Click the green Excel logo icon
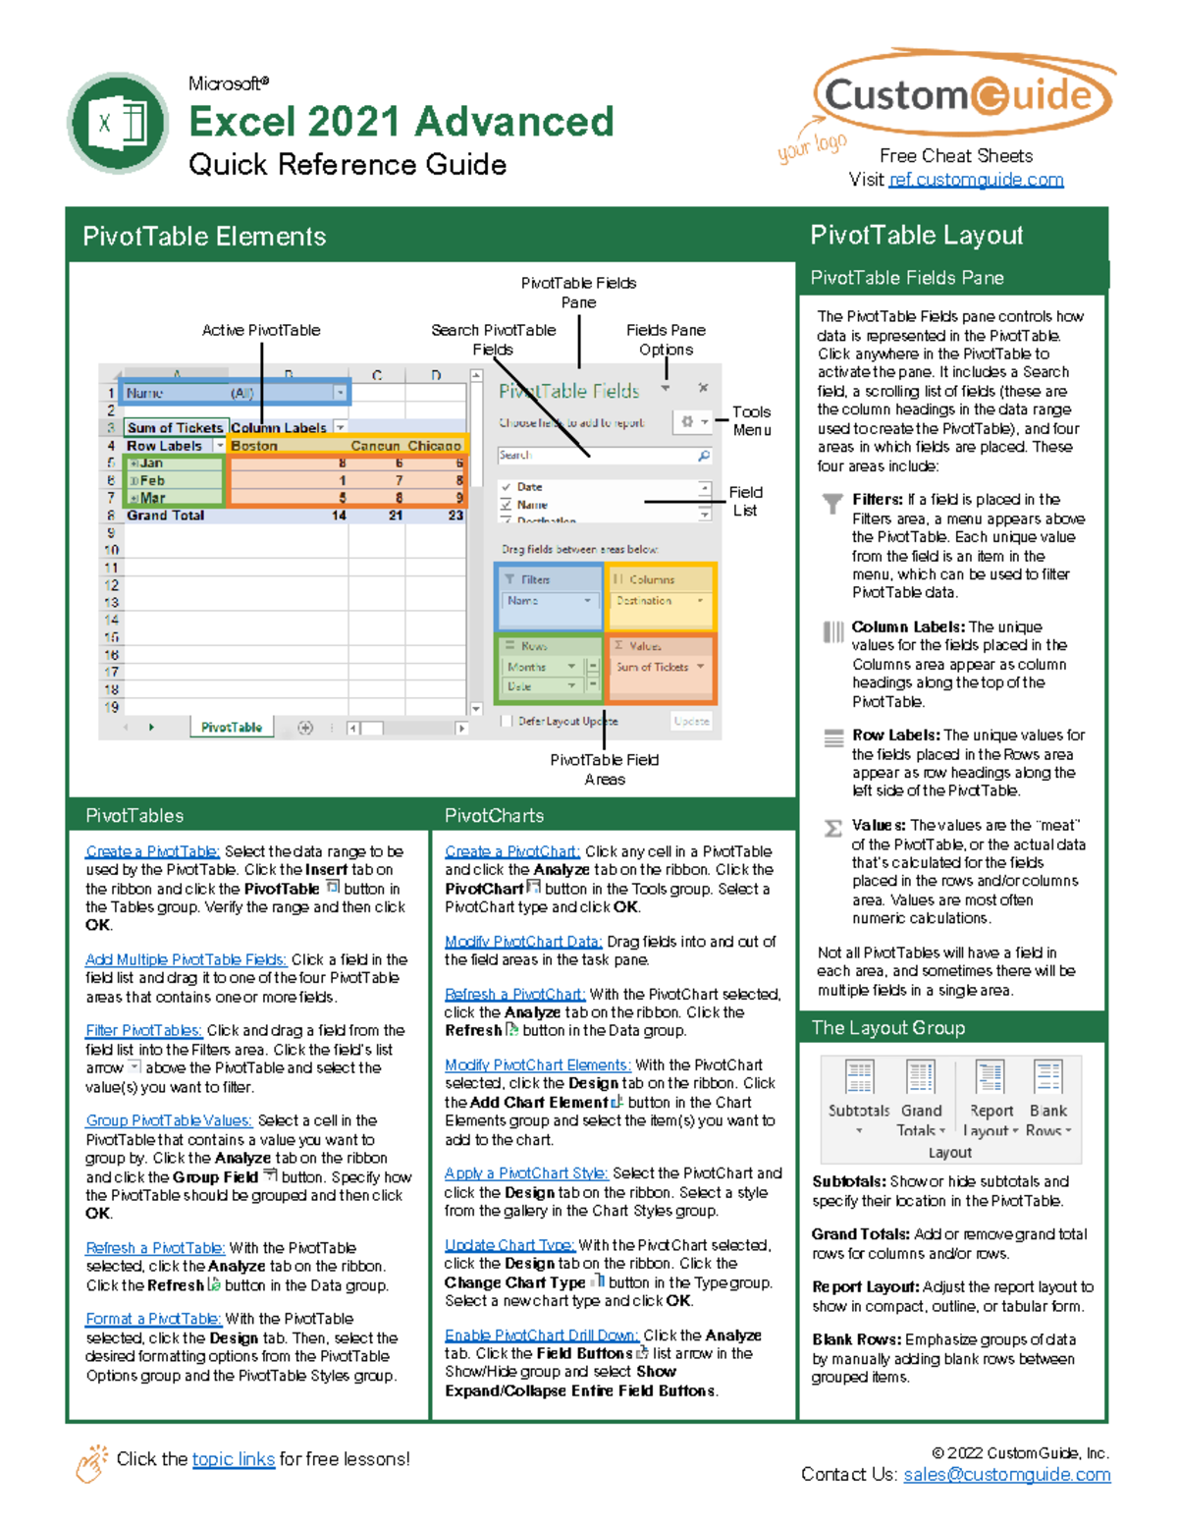pyautogui.click(x=119, y=124)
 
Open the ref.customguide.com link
pyautogui.click(x=976, y=180)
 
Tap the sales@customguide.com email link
pyautogui.click(x=1006, y=1474)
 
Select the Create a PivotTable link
pyautogui.click(x=152, y=851)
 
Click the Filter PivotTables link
pyautogui.click(x=143, y=1030)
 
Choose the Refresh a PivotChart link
pyautogui.click(x=514, y=994)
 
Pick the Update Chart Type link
pyautogui.click(x=509, y=1244)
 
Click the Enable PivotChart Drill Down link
pyautogui.click(x=541, y=1334)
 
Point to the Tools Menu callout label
pyautogui.click(x=751, y=420)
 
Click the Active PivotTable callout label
pyautogui.click(x=260, y=330)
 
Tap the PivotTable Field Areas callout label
pyautogui.click(x=604, y=769)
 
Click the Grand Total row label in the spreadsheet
pyautogui.click(x=165, y=515)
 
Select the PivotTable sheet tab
pyautogui.click(x=232, y=727)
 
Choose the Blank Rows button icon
pyautogui.click(x=1048, y=1077)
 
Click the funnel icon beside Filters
pyautogui.click(x=832, y=504)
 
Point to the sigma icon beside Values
pyautogui.click(x=833, y=828)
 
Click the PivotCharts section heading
pyautogui.click(x=494, y=815)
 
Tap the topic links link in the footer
pyautogui.click(x=233, y=1458)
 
